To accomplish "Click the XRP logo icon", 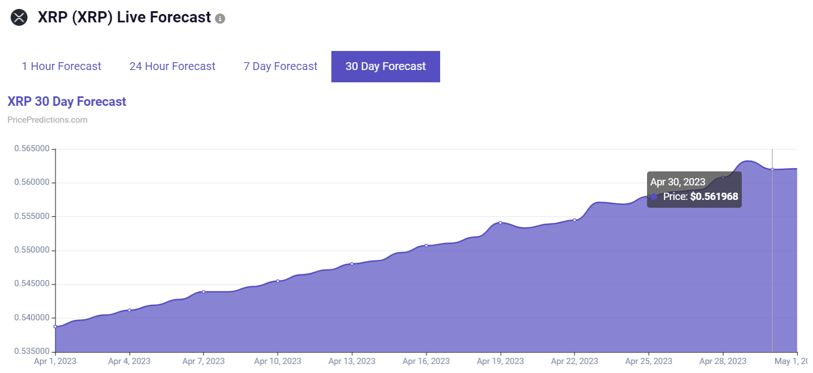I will [x=19, y=17].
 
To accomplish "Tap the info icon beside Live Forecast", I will [x=220, y=18].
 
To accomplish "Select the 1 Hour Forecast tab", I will [x=62, y=66].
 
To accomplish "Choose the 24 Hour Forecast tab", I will [x=172, y=66].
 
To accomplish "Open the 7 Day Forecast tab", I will [x=280, y=66].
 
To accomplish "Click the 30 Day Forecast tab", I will [x=386, y=66].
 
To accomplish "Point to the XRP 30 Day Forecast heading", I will [x=67, y=101].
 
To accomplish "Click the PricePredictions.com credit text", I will [x=48, y=120].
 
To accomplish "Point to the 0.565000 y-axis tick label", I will [x=31, y=149].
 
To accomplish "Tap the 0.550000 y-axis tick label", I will [x=31, y=250].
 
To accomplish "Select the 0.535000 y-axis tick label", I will [x=31, y=351].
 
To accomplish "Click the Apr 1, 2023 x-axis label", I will [x=55, y=361].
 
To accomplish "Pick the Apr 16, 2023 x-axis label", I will [x=426, y=361].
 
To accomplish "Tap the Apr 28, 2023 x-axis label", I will [x=723, y=361].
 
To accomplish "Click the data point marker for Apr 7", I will [x=204, y=291].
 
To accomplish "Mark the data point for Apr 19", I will [x=500, y=222].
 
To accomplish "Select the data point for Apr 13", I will [x=352, y=263].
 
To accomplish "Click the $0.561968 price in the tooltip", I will [x=714, y=197].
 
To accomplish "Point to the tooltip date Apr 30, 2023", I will [x=677, y=181].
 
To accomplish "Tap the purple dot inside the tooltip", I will [x=654, y=197].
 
